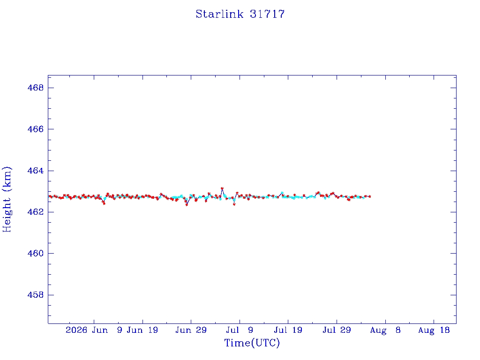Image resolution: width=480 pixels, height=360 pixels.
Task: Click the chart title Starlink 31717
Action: pyautogui.click(x=240, y=14)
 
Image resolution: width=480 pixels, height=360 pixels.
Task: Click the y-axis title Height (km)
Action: pyautogui.click(x=7, y=199)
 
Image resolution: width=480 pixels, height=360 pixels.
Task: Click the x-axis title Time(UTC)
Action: pyautogui.click(x=252, y=343)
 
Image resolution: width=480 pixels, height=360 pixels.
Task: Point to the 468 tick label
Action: pyautogui.click(x=36, y=88)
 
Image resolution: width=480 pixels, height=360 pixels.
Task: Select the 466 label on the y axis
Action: pyautogui.click(x=36, y=129)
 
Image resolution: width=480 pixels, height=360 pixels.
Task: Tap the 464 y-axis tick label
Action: pyautogui.click(x=36, y=171)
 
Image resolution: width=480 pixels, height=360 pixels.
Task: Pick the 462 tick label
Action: pyautogui.click(x=36, y=212)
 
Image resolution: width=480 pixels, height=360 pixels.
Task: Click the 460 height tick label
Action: pyautogui.click(x=36, y=254)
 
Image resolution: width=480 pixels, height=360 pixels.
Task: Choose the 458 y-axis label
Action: pyautogui.click(x=36, y=295)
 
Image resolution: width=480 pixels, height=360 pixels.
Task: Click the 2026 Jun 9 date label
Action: pyautogui.click(x=94, y=330)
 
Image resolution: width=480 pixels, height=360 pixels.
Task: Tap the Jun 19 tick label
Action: pyautogui.click(x=142, y=330)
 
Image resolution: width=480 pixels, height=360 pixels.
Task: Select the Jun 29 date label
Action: pyautogui.click(x=191, y=330)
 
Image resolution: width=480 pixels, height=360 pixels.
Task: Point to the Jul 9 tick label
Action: pyautogui.click(x=240, y=330)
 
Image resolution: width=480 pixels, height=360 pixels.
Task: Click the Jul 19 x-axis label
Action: pyautogui.click(x=288, y=330)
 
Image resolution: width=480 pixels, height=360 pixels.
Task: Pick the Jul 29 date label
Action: pyautogui.click(x=337, y=330)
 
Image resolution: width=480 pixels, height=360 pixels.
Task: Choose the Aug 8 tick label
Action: pyautogui.click(x=385, y=330)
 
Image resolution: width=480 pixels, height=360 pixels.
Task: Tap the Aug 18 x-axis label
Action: pyautogui.click(x=434, y=330)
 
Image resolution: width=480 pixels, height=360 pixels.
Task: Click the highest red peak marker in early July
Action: pyautogui.click(x=222, y=188)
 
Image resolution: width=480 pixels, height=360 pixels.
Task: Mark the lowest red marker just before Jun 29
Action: pyautogui.click(x=187, y=204)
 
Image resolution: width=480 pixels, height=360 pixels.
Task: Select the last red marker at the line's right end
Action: pyautogui.click(x=369, y=196)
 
